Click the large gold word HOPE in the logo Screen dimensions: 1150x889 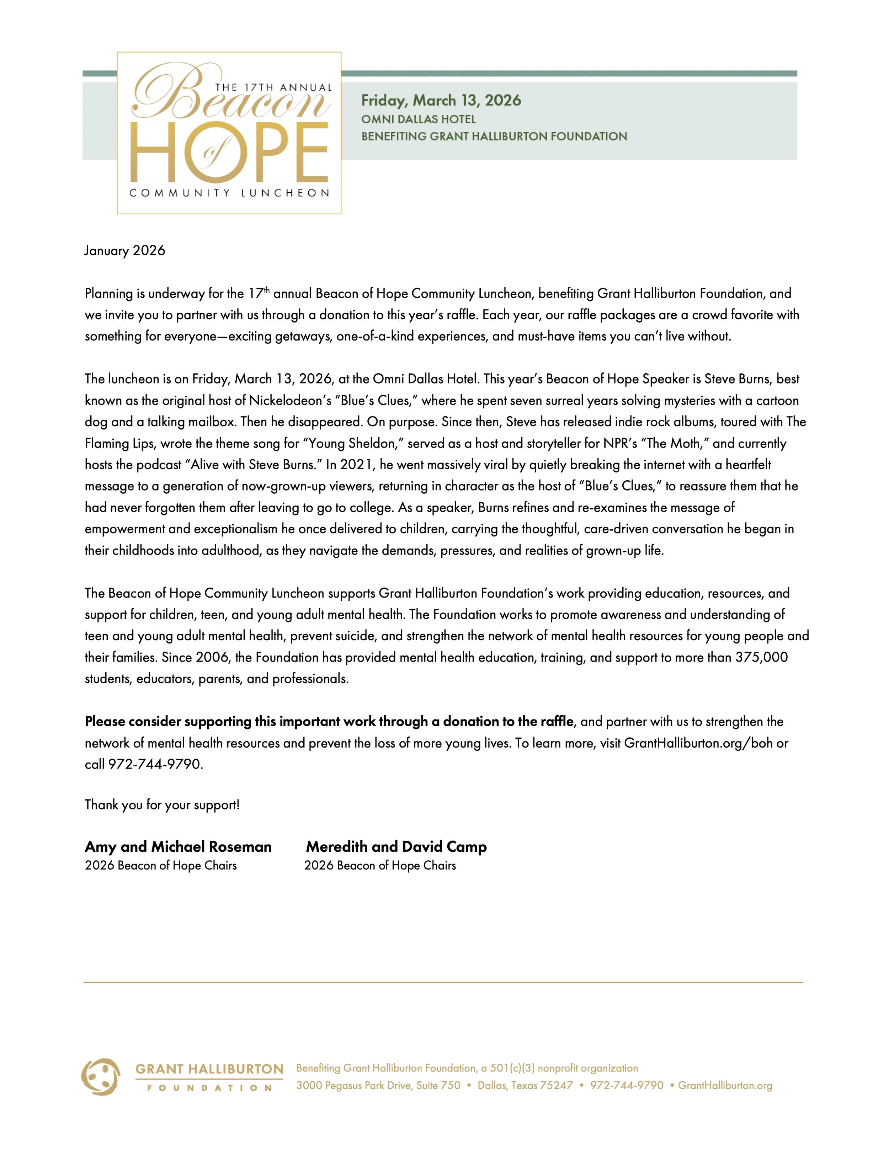point(229,153)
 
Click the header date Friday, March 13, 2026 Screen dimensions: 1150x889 point(441,100)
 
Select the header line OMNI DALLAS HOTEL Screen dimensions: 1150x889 point(418,119)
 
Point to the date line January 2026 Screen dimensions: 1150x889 point(124,251)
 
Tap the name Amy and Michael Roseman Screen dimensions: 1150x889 point(178,847)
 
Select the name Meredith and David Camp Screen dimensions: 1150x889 point(396,847)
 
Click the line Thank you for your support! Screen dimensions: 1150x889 point(162,804)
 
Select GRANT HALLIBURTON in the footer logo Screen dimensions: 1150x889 point(209,1069)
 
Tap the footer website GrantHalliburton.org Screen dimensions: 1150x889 point(725,1085)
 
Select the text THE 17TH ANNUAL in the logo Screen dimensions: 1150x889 point(273,87)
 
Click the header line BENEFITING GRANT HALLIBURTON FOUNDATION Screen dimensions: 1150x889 point(494,137)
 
